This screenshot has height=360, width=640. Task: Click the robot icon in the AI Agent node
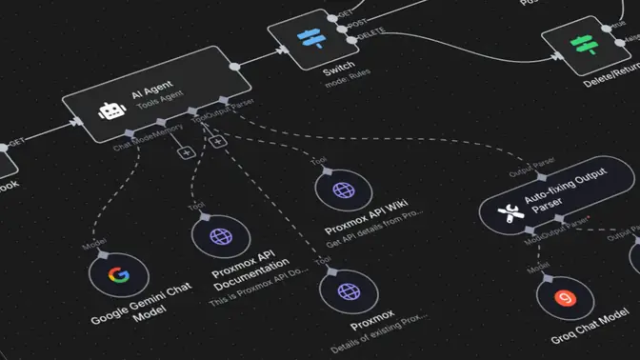click(112, 110)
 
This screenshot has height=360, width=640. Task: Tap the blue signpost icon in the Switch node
click(310, 39)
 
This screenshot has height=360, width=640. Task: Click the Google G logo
click(118, 276)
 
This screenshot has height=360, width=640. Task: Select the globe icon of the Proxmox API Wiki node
click(343, 190)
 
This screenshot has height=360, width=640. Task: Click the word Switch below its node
click(339, 70)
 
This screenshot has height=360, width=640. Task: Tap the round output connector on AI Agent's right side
click(235, 65)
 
